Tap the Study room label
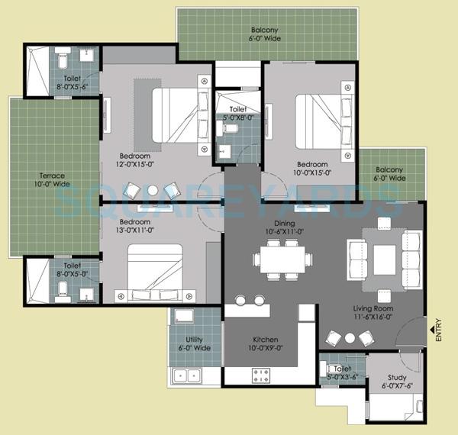[397, 381]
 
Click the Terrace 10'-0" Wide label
[51, 179]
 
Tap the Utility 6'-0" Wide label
[193, 343]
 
